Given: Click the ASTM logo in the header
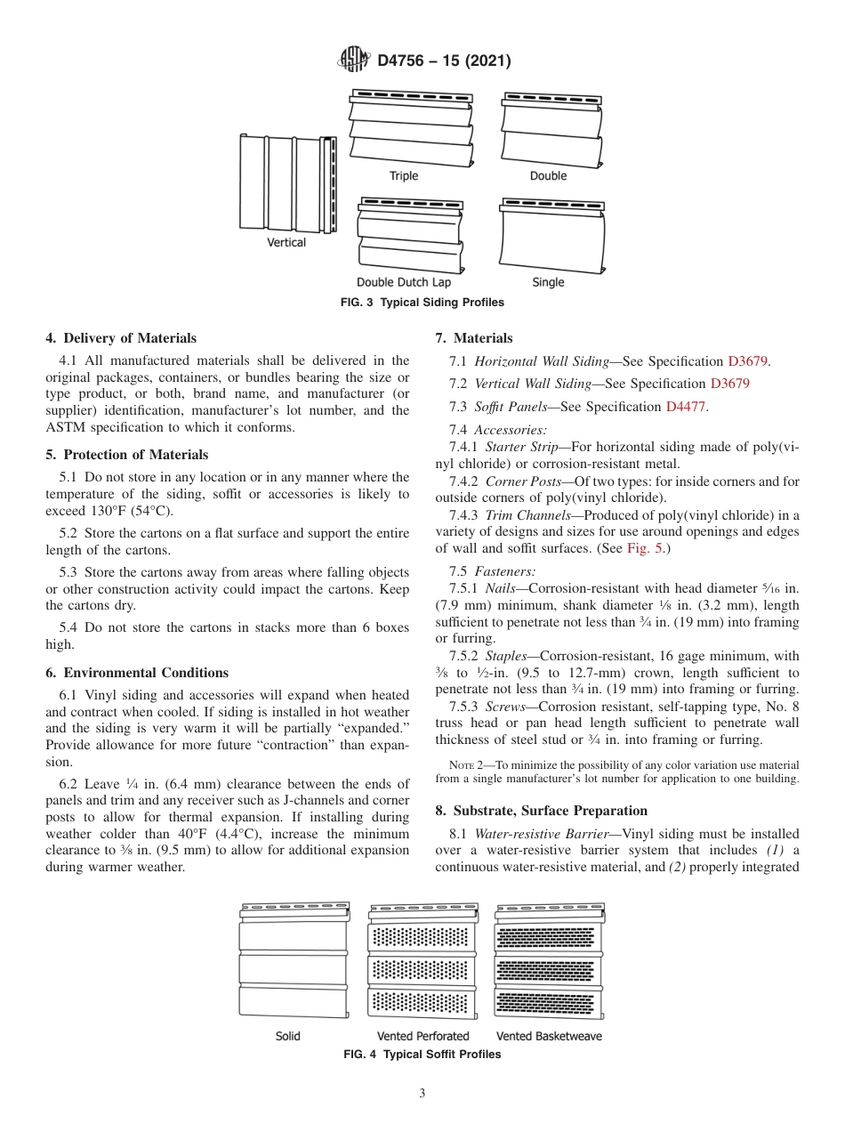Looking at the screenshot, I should tap(354, 61).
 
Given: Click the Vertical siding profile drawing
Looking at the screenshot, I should tap(289, 182).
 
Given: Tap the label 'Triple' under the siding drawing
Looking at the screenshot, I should tap(403, 175).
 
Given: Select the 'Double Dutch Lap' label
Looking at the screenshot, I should tap(404, 282).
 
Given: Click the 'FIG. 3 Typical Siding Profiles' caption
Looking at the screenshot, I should tap(422, 303).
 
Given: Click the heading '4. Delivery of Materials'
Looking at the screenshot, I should tap(121, 338).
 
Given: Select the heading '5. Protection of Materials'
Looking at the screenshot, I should tap(126, 455).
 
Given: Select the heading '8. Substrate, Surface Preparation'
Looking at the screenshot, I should tap(550, 811).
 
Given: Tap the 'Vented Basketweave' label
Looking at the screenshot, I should tap(548, 1036).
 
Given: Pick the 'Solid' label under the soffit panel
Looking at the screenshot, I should tap(287, 1036).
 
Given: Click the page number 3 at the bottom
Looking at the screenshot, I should tap(422, 1094).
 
